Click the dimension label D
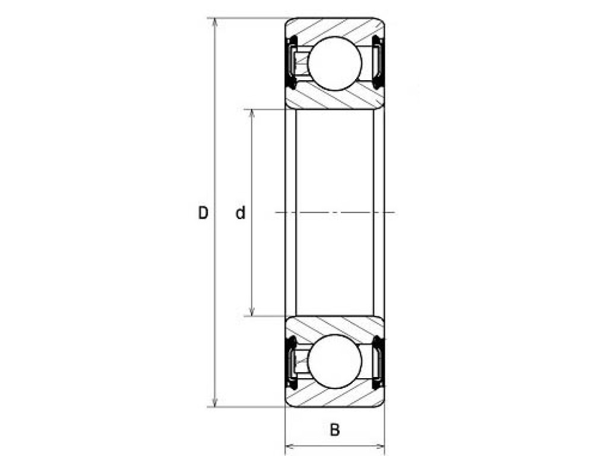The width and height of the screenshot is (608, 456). click(203, 213)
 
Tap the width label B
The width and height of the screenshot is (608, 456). click(335, 430)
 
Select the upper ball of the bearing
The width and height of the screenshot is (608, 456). click(335, 63)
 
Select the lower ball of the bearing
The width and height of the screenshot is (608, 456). click(335, 362)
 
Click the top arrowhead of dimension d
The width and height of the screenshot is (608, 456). click(252, 115)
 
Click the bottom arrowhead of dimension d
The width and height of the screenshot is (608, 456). click(252, 311)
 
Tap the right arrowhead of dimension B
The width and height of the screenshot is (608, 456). click(379, 446)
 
